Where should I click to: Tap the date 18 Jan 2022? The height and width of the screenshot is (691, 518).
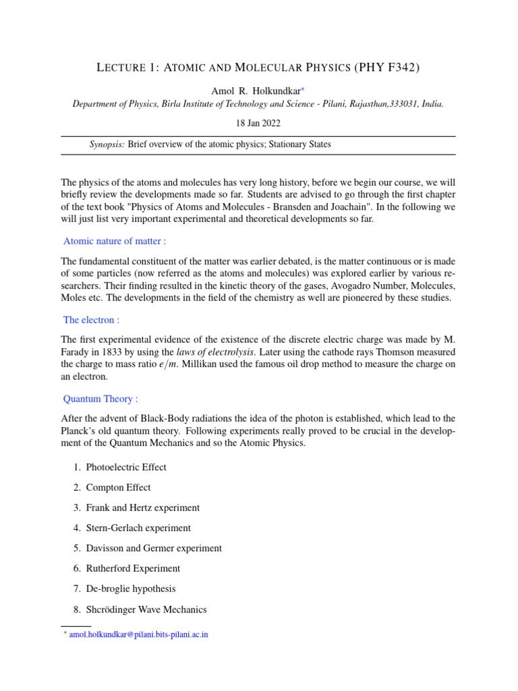(258, 123)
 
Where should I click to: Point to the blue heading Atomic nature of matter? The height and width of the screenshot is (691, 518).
(115, 241)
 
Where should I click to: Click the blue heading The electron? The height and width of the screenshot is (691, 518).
(91, 320)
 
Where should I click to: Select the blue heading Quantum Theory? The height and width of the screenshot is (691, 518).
(100, 399)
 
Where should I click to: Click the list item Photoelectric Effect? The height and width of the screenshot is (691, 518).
(126, 467)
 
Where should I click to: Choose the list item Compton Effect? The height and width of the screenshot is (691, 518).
(118, 487)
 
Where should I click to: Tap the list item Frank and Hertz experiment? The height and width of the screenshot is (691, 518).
(143, 507)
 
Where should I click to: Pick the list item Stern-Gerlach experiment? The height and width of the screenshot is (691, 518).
(138, 528)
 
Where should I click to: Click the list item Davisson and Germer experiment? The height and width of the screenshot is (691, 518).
(154, 548)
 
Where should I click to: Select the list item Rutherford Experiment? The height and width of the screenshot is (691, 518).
(133, 568)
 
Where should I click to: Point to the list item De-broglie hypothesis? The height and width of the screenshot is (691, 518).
(131, 588)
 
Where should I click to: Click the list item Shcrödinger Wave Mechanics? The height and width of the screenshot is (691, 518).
(146, 609)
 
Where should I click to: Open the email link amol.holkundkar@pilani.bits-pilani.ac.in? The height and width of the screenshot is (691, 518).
(138, 635)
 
